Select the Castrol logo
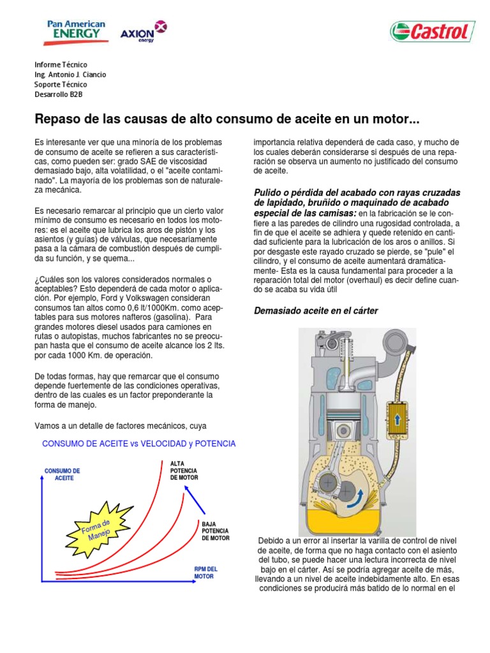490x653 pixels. tap(432, 31)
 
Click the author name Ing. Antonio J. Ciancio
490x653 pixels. tap(70, 75)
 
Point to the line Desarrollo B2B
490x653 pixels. tap(59, 94)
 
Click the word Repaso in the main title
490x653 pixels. tap(58, 119)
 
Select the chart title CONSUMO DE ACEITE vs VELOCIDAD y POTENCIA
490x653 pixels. tap(138, 443)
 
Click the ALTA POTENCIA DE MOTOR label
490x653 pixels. tap(184, 470)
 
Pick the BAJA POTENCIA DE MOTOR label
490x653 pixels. tap(215, 531)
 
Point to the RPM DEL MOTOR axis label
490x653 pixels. tap(205, 572)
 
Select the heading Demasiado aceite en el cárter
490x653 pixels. tap(316, 311)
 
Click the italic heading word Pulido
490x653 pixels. tap(270, 193)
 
